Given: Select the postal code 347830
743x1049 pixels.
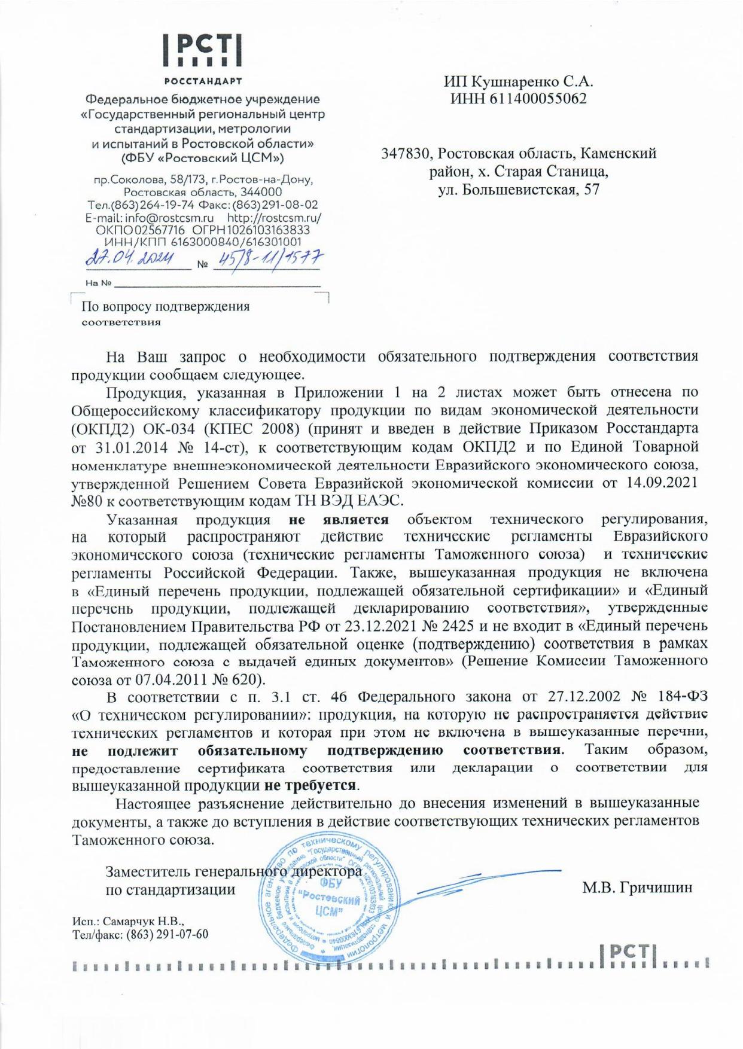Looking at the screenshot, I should [x=406, y=154].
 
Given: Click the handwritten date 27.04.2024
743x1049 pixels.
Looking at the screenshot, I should [x=131, y=260].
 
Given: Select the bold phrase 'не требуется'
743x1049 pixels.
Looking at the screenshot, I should [x=315, y=784].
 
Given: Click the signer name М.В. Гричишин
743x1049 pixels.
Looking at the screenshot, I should [x=638, y=888].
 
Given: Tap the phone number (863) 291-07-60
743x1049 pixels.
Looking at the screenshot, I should [x=166, y=934].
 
